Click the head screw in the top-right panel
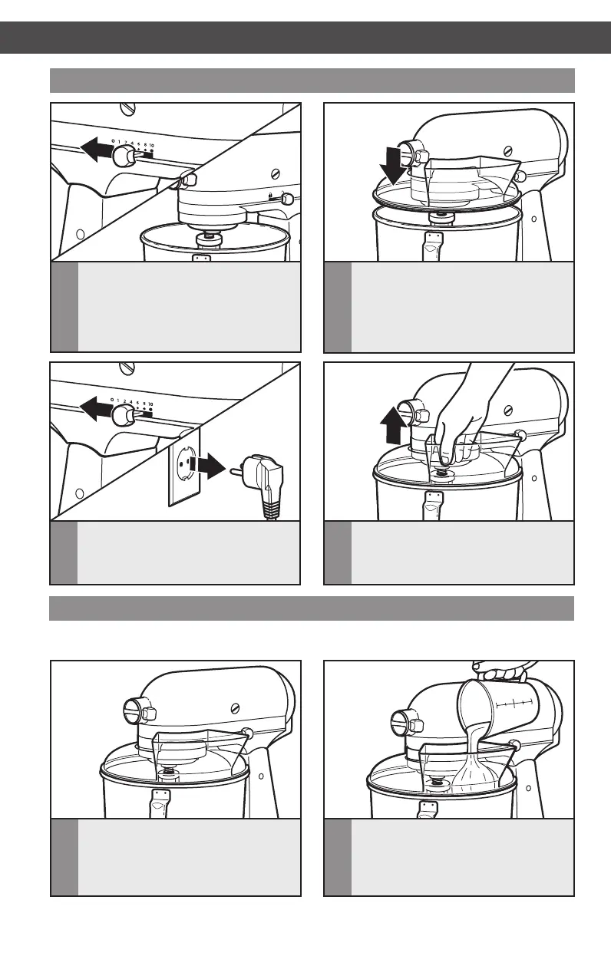click(507, 150)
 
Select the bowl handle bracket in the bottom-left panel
click(162, 803)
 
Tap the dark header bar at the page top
click(305, 37)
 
